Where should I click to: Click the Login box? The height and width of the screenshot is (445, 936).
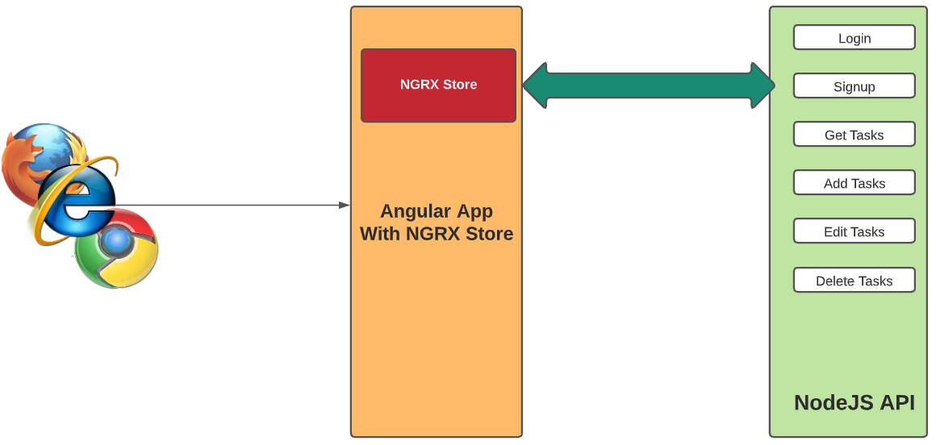[x=854, y=38]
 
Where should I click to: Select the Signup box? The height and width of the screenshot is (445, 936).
[x=854, y=86]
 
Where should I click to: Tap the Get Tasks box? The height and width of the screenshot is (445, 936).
[x=854, y=135]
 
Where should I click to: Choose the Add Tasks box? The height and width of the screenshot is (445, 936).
[x=854, y=183]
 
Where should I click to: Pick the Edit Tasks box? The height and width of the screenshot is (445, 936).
[x=854, y=231]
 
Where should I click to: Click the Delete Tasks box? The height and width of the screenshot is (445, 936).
[x=854, y=281]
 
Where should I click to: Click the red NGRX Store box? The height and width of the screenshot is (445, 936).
[x=438, y=85]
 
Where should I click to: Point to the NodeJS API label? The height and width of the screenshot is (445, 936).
[x=854, y=402]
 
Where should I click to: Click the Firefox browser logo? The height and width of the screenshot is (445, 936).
[x=32, y=153]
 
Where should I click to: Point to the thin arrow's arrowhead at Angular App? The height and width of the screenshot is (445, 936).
[x=345, y=206]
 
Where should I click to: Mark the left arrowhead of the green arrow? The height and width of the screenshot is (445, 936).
[x=537, y=85]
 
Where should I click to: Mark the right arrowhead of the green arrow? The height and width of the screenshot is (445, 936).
[x=763, y=85]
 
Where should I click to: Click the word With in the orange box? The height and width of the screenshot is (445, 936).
[x=379, y=234]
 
